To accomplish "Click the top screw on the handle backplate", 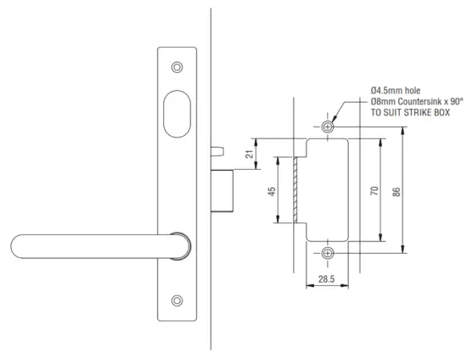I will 177,67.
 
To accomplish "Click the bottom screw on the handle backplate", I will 177,299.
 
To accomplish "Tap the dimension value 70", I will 374,190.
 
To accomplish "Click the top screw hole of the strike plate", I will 328,127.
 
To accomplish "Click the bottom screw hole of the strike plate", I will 328,253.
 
